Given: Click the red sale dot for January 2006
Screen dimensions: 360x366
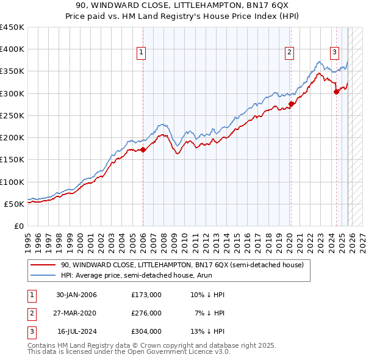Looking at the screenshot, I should [x=143, y=149].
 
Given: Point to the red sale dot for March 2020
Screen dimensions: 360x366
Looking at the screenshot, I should [x=291, y=104].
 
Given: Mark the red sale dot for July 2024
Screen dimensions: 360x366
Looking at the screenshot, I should [x=336, y=92].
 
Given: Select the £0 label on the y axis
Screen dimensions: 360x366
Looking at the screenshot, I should [x=18, y=226].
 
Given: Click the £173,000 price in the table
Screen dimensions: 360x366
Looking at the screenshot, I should [x=146, y=295].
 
